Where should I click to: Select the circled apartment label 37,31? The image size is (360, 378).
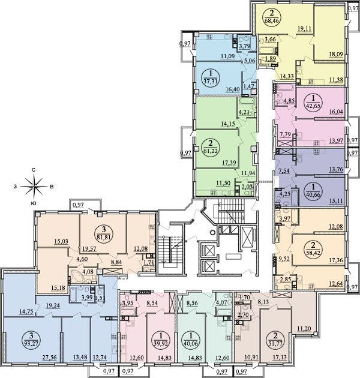(x=210, y=77)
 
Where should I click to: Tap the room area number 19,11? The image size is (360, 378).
(x=305, y=29)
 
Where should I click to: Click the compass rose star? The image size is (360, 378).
(x=34, y=187)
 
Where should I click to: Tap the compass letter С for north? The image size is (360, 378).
(x=34, y=170)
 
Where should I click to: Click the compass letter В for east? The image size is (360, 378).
(x=52, y=187)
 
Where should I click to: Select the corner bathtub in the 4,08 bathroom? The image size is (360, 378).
(x=76, y=275)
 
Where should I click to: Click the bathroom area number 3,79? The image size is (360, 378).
(x=243, y=46)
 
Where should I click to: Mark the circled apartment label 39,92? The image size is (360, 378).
(x=161, y=338)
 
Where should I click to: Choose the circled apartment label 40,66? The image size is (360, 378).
(x=313, y=191)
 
